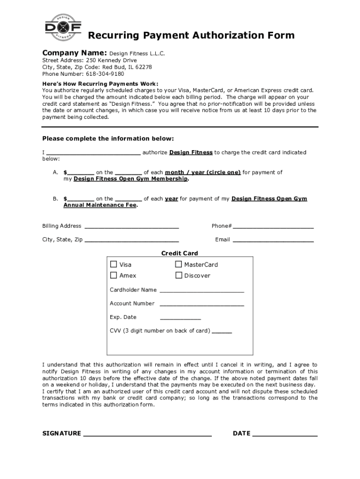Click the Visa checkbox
[x=114, y=264]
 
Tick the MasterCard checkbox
[x=179, y=264]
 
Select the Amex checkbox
[x=114, y=275]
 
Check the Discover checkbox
[x=179, y=275]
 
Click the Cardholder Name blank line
[x=202, y=291]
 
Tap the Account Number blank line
[x=202, y=305]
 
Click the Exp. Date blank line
[x=180, y=318]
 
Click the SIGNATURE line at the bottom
[x=147, y=435]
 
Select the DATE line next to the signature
[x=285, y=435]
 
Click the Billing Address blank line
[x=131, y=227]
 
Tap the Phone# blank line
[x=273, y=227]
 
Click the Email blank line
[x=273, y=241]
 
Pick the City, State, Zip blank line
[x=132, y=241]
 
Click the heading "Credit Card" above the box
[x=180, y=253]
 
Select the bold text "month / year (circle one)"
[x=202, y=173]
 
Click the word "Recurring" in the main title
[x=114, y=36]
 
